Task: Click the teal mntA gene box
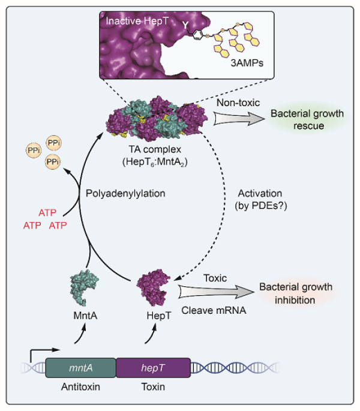[80, 367]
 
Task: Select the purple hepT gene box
[153, 367]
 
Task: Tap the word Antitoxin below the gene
[80, 388]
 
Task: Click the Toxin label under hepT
[152, 388]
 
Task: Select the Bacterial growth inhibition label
[295, 293]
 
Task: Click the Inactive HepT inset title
[134, 21]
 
